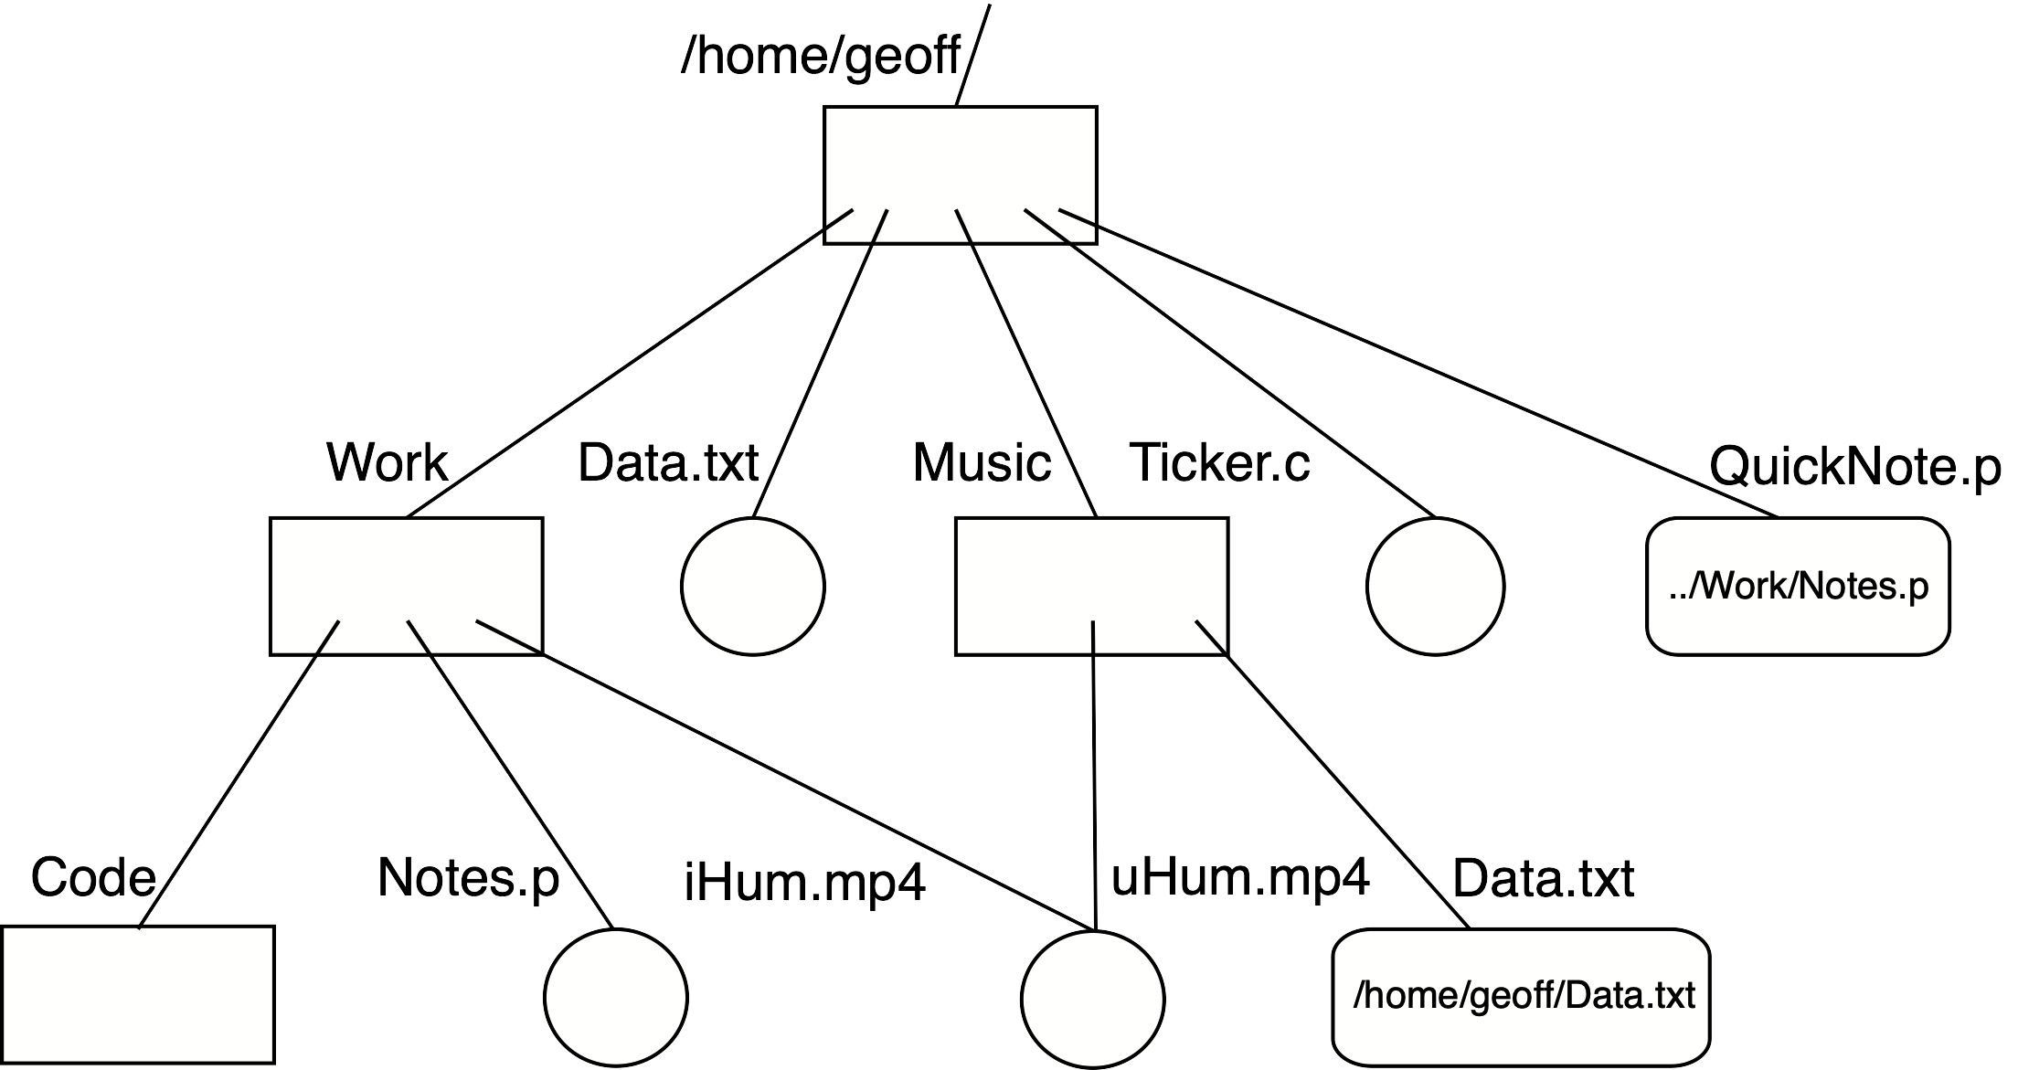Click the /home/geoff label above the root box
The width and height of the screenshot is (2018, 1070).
click(x=820, y=58)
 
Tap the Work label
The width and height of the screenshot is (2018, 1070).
click(x=387, y=462)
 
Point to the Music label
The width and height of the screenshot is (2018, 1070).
click(x=982, y=462)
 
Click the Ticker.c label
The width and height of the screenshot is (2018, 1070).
click(x=1219, y=462)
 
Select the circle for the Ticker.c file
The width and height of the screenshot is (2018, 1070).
click(x=1435, y=587)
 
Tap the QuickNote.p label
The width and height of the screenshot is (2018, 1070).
click(x=1854, y=467)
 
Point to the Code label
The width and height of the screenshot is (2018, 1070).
click(x=93, y=878)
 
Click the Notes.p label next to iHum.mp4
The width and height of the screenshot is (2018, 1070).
click(x=468, y=878)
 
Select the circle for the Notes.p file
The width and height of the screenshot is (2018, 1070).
click(x=615, y=998)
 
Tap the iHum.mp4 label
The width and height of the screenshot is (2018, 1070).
click(x=804, y=883)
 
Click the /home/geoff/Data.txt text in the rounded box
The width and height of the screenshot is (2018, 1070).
click(x=1524, y=996)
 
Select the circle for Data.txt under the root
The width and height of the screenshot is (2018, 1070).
click(x=752, y=587)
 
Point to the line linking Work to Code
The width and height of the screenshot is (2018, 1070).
click(x=239, y=774)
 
